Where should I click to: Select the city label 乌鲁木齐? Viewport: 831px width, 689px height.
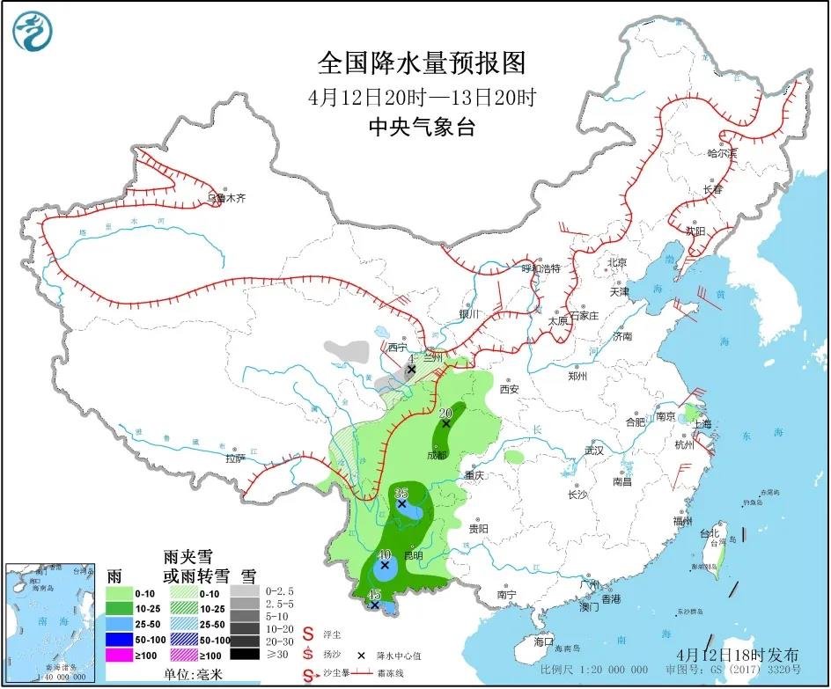pos(226,199)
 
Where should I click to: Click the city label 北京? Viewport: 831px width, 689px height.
pos(615,262)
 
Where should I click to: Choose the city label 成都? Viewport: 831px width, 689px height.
pos(437,455)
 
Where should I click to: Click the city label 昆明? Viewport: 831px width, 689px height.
pos(413,555)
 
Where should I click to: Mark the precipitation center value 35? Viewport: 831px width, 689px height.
pos(401,492)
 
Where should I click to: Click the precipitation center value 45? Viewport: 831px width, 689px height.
pos(374,595)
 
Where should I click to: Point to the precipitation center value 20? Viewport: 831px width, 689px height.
pos(445,412)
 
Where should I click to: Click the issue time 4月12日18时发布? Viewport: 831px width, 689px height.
pos(739,655)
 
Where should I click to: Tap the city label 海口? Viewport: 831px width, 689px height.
pos(544,641)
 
